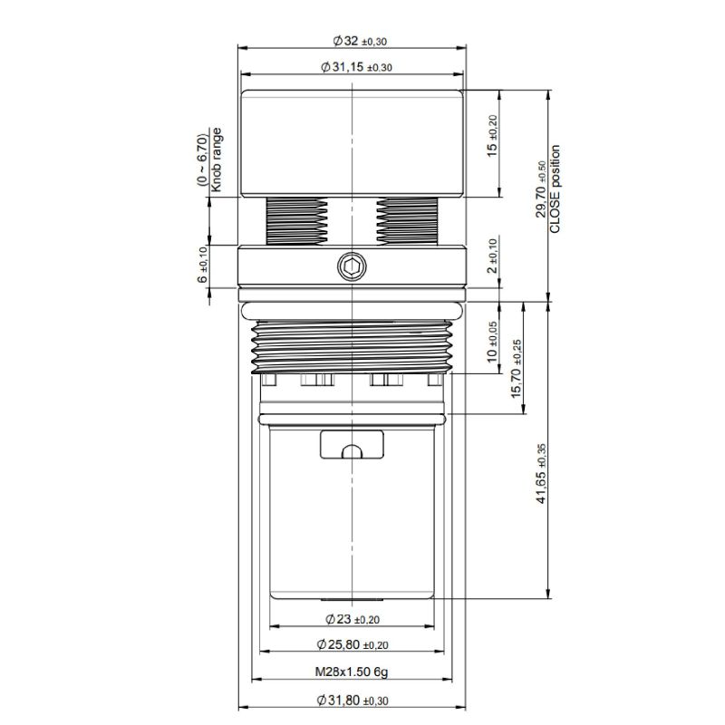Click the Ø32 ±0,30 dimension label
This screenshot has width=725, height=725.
360,41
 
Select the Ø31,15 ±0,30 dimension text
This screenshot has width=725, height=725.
356,67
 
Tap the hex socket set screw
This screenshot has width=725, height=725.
352,266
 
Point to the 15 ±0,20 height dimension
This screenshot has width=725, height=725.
492,136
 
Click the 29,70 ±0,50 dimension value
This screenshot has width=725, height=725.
541,189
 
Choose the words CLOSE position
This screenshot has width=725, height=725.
555,189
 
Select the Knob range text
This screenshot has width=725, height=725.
216,160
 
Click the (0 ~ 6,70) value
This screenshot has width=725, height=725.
202,160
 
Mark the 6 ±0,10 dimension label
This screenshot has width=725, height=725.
202,265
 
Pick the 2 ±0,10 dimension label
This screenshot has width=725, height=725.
493,256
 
